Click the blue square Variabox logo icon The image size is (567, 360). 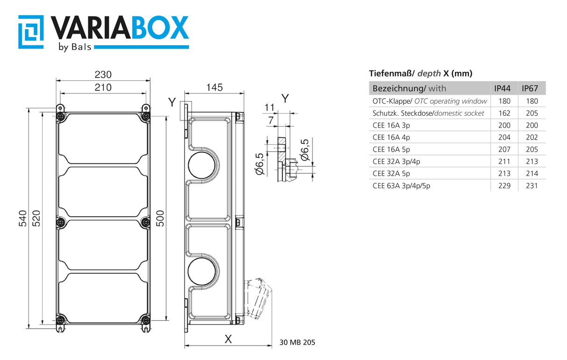coord(31,31)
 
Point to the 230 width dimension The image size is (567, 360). coord(103,74)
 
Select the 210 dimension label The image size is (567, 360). coord(103,87)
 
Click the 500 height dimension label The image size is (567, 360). coord(160,218)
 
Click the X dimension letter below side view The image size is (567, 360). coord(228,339)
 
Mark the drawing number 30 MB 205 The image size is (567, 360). coord(298,342)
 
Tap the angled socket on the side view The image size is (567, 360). coord(257,297)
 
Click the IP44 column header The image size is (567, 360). coord(503,88)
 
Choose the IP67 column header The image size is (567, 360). coord(530,88)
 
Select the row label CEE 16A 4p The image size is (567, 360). coord(391,137)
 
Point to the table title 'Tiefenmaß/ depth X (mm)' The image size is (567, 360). coord(421,73)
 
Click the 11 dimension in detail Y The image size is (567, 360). coord(269,107)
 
